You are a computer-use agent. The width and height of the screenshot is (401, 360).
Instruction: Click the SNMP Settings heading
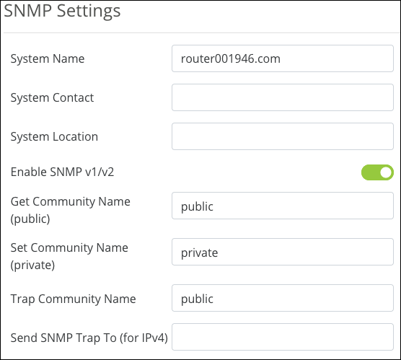point(62,12)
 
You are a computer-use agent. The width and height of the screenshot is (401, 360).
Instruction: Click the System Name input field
point(283,58)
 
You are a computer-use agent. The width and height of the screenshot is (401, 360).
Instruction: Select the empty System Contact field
point(283,97)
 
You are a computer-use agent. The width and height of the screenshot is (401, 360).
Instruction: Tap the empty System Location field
point(283,136)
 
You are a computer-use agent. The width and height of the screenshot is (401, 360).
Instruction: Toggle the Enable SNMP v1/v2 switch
point(377,172)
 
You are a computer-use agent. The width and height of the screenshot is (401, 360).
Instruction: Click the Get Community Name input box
point(283,206)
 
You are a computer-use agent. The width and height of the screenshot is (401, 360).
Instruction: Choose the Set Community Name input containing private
point(283,252)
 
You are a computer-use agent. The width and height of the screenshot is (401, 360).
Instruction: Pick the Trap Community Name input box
point(283,298)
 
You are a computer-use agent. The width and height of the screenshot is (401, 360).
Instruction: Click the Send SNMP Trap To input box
point(283,337)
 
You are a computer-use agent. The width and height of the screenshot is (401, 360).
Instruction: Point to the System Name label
point(48,59)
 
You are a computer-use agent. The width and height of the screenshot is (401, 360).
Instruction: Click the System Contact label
point(52,97)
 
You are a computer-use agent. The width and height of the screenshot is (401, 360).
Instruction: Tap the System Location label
point(54,136)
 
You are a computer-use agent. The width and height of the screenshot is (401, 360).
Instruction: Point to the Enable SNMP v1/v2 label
point(62,172)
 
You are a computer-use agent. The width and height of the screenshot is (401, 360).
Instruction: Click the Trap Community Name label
point(73,299)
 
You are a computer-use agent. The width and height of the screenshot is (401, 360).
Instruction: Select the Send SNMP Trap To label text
point(89,338)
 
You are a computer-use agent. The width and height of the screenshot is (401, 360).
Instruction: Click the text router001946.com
point(231,59)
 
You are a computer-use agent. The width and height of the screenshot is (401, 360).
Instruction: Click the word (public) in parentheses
point(30,219)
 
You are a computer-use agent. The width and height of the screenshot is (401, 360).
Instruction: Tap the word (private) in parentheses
point(32,265)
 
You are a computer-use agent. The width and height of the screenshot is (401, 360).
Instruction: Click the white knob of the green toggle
point(386,172)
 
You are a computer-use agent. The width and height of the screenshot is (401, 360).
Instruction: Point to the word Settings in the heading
point(89,12)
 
